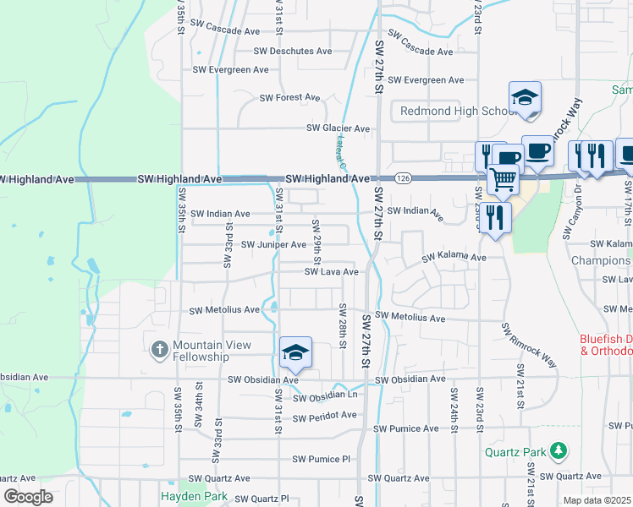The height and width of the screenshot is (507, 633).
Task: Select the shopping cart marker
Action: click(504, 178)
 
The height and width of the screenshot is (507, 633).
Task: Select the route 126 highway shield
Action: click(403, 178)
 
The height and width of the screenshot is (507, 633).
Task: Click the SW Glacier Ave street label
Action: click(338, 128)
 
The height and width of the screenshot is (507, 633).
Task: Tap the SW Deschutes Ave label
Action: click(293, 52)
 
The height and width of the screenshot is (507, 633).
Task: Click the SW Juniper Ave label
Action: click(273, 245)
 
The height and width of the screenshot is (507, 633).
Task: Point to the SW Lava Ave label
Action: click(331, 272)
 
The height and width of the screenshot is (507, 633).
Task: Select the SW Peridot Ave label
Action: click(324, 416)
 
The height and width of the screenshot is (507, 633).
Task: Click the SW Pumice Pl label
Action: click(321, 460)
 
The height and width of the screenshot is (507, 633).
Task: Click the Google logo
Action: click(29, 497)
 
